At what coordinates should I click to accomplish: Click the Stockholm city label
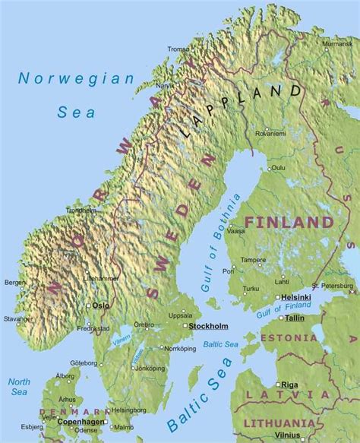(208, 326)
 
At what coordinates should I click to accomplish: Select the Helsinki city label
(295, 297)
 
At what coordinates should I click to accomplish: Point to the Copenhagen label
(79, 419)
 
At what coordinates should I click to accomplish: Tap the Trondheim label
(81, 210)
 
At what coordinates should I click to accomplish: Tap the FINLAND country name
(289, 223)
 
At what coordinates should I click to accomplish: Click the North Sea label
(18, 387)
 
